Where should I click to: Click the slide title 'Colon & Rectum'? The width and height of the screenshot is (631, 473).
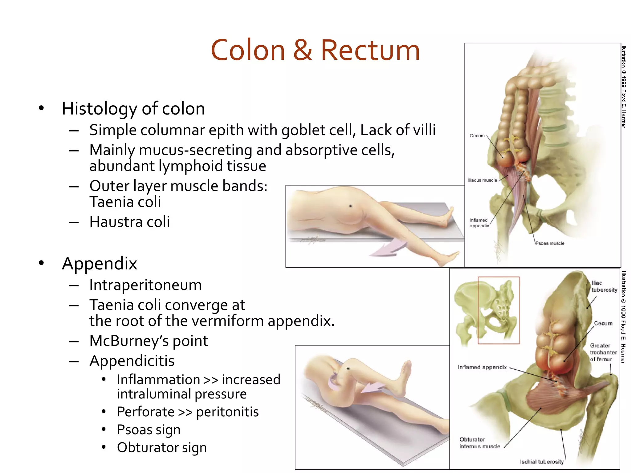tap(315, 50)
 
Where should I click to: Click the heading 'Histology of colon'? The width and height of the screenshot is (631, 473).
tap(133, 109)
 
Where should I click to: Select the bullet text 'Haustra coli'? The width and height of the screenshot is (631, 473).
tap(129, 222)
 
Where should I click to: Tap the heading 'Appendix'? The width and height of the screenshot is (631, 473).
tap(99, 264)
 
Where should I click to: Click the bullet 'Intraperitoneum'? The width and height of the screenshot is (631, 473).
tap(145, 285)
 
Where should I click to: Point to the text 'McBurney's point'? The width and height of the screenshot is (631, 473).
tap(149, 341)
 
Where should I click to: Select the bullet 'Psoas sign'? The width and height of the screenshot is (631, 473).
tap(149, 430)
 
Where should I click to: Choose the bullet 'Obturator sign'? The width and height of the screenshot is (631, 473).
tap(161, 447)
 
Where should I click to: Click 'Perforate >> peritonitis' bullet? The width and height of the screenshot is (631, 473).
tap(188, 412)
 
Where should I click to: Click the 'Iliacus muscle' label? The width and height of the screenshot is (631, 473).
tap(482, 180)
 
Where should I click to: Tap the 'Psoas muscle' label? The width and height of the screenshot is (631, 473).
tap(550, 243)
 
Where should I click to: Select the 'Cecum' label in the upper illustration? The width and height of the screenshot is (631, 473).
tap(477, 136)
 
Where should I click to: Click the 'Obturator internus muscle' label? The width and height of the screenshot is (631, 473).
tap(479, 443)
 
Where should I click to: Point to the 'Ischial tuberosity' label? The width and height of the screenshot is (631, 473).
tap(542, 462)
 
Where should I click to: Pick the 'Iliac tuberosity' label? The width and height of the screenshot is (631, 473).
tap(604, 286)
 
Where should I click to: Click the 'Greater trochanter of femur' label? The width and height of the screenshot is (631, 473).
tap(603, 352)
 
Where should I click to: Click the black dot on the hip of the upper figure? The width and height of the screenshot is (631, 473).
tap(350, 206)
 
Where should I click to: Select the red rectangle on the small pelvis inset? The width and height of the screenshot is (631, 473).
tap(499, 310)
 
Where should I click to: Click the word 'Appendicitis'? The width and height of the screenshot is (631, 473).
tap(132, 361)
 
